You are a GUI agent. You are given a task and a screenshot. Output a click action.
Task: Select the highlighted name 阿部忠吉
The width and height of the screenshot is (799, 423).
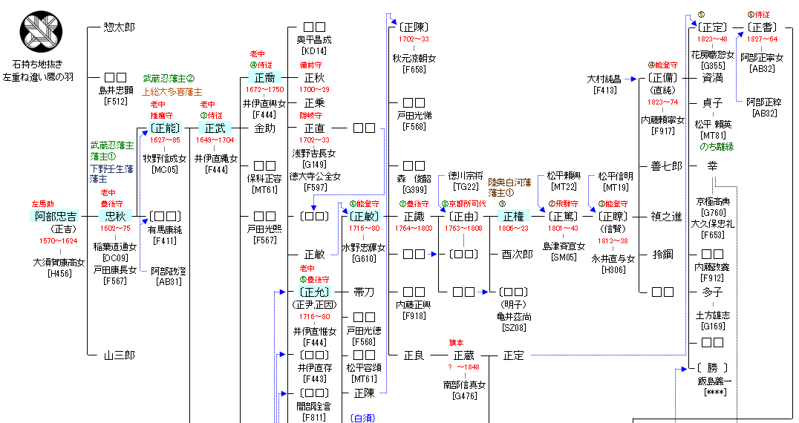tap(55, 216)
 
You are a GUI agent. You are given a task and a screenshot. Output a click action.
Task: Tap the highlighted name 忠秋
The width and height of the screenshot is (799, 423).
tap(115, 216)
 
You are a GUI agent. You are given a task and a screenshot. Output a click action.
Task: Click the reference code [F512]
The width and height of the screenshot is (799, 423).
tap(115, 102)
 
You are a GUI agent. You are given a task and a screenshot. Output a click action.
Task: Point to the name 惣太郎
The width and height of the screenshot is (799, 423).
tap(120, 27)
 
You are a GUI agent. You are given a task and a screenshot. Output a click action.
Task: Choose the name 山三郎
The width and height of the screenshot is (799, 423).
tap(120, 355)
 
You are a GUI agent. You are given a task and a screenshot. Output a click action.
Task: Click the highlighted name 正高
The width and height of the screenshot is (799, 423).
tap(264, 77)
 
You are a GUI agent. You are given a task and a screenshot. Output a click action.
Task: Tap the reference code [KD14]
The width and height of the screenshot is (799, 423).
tap(314, 51)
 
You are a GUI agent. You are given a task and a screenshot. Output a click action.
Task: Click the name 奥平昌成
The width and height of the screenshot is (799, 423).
tap(314, 39)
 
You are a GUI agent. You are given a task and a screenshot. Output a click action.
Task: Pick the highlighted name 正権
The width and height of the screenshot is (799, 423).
tap(514, 216)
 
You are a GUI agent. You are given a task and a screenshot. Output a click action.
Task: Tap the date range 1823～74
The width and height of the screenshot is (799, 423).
tap(662, 102)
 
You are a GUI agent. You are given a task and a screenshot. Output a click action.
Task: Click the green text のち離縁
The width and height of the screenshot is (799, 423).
tap(717, 146)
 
